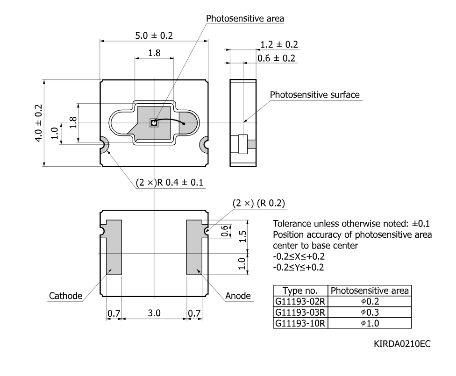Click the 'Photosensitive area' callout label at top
pyautogui.click(x=245, y=19)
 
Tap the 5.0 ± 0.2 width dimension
pyautogui.click(x=154, y=35)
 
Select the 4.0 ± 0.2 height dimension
pyautogui.click(x=39, y=123)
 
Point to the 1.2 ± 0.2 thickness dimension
pyautogui.click(x=279, y=44)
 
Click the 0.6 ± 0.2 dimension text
pyautogui.click(x=276, y=58)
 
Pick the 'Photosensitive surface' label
pyautogui.click(x=314, y=95)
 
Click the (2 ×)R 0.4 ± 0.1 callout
pyautogui.click(x=169, y=183)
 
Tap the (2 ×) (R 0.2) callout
pyautogui.click(x=258, y=203)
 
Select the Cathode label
pyautogui.click(x=65, y=296)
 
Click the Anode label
pyautogui.click(x=238, y=296)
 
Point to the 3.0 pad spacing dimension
pyautogui.click(x=154, y=313)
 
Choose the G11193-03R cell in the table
pyautogui.click(x=300, y=312)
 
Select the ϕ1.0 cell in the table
pyautogui.click(x=370, y=323)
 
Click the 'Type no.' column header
pyautogui.click(x=300, y=291)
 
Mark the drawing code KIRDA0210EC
pyautogui.click(x=402, y=344)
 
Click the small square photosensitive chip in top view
pyautogui.click(x=154, y=123)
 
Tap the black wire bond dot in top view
pyautogui.click(x=184, y=124)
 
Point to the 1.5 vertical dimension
pyautogui.click(x=243, y=236)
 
